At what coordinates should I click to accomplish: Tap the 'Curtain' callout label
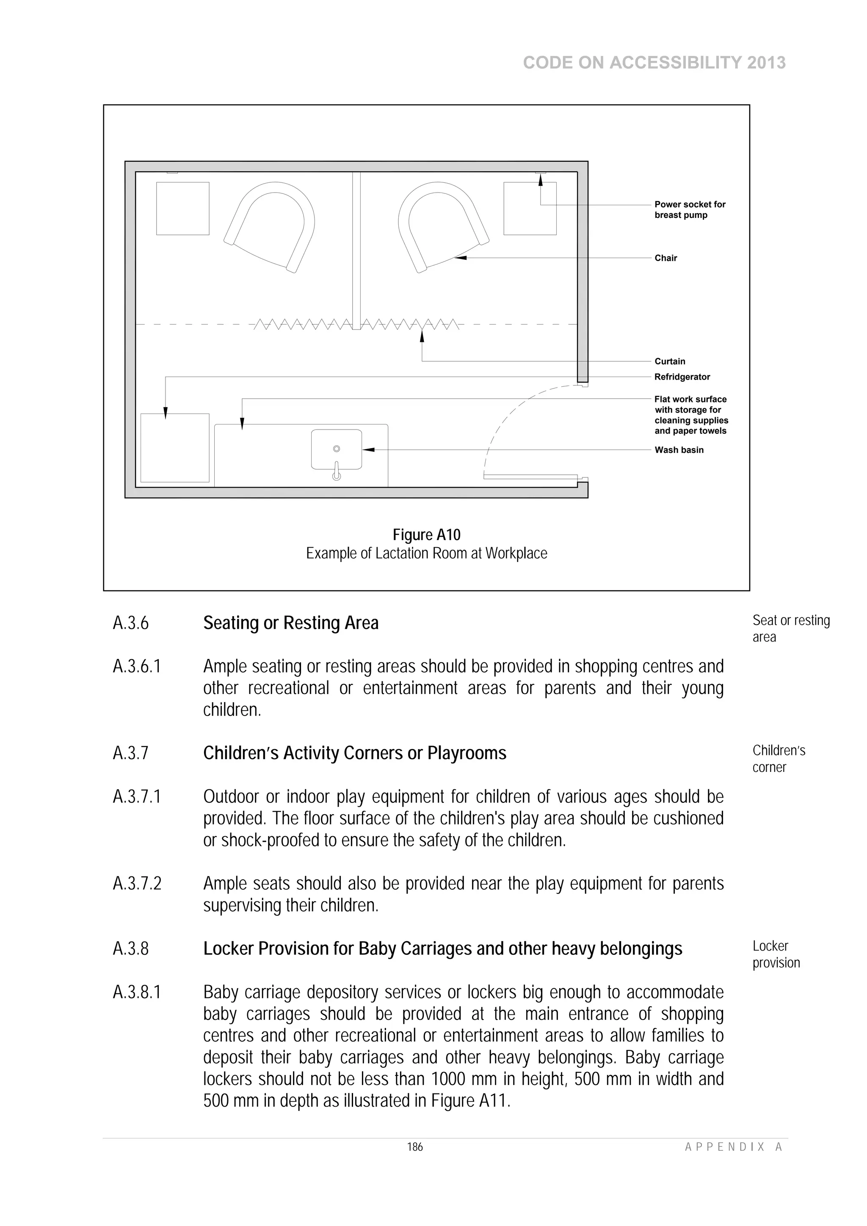click(669, 361)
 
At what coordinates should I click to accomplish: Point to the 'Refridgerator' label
click(682, 377)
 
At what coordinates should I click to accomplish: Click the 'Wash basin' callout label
click(679, 450)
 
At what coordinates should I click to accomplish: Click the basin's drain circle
click(337, 449)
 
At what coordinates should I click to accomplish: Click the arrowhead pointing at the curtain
click(422, 336)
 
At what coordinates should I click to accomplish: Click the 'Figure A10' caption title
click(426, 534)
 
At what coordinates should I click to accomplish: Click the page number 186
click(414, 1147)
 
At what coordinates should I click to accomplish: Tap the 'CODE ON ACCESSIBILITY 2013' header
click(654, 63)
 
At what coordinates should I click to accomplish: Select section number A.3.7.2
click(137, 884)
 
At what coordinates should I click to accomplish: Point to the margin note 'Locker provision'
click(776, 954)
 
